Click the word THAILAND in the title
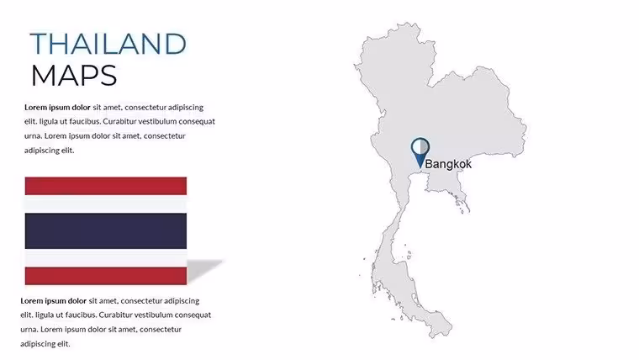[x=108, y=44]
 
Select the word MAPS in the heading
[x=74, y=76]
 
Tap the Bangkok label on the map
[x=448, y=164]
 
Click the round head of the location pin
[x=420, y=146]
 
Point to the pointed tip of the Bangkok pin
[x=420, y=167]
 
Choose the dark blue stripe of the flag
[x=106, y=230]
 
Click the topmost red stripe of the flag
[x=106, y=186]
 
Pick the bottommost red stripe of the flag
[x=106, y=276]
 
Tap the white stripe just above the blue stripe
[x=106, y=204]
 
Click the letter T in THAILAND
[x=39, y=44]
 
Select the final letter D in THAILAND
[x=176, y=44]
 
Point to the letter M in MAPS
[x=45, y=76]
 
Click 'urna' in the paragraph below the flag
[x=29, y=330]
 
